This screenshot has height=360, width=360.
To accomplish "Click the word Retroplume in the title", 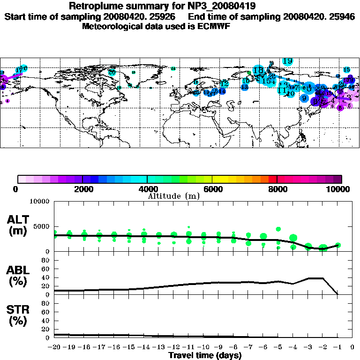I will tap(96, 7).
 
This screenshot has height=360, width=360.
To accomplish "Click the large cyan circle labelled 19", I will tap(287, 61).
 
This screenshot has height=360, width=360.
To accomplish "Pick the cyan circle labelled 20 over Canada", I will tap(112, 72).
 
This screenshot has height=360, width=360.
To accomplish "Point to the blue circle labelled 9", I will tap(304, 98).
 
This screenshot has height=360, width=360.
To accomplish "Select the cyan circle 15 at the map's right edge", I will tap(346, 70).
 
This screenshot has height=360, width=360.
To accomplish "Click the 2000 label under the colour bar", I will tap(82, 189).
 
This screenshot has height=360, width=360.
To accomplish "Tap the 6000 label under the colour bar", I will tap(212, 189).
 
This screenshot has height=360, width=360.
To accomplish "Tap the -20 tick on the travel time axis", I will tap(55, 347).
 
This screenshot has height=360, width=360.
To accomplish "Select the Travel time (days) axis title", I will tap(205, 355).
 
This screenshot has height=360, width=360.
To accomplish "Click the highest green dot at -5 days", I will tap(278, 229).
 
